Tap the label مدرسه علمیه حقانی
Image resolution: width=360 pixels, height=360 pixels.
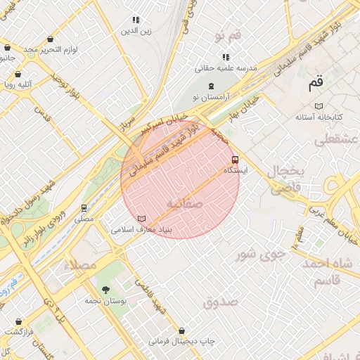tap(226, 68)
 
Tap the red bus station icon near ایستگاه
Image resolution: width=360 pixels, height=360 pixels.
tap(235, 159)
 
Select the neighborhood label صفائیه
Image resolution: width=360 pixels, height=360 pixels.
tap(184, 204)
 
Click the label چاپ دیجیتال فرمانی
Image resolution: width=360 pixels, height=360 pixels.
tap(181, 341)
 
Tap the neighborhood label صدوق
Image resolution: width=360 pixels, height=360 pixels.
tap(221, 302)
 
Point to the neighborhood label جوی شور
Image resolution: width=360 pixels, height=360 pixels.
tap(252, 255)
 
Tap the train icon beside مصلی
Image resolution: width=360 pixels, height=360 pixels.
tap(84, 208)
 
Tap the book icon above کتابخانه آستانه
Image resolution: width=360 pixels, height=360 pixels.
tap(319, 106)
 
